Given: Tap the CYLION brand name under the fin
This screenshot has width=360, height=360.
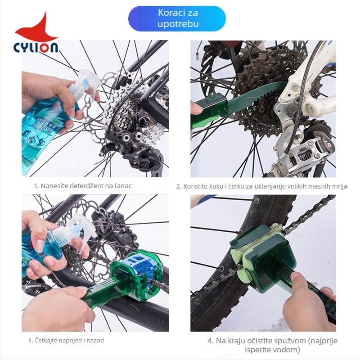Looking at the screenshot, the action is point(36,48).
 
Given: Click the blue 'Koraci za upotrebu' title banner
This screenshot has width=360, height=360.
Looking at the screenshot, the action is point(177,18).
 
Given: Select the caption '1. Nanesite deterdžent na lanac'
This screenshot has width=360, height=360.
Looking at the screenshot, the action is point(83,186).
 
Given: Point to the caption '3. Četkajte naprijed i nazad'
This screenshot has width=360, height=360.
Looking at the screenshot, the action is point(66,340).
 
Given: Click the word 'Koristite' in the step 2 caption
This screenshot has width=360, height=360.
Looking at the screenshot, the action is point(195,186).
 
